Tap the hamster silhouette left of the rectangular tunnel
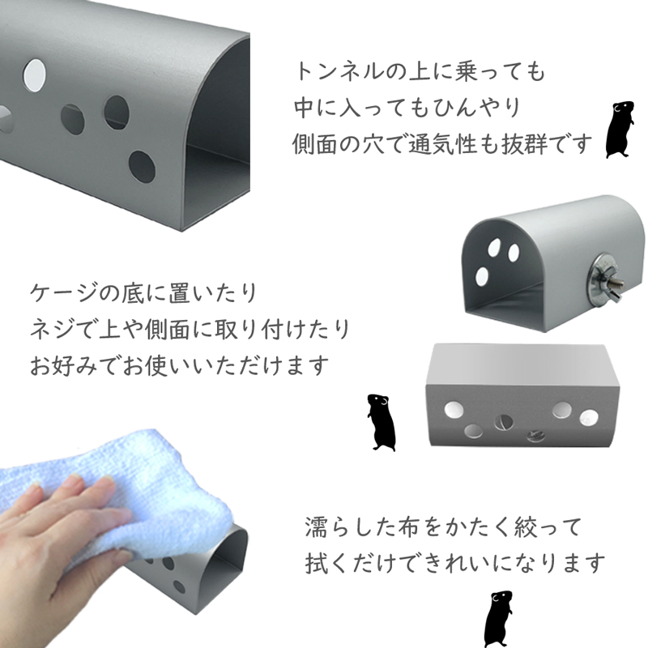pos(381,422)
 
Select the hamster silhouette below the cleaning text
pos(498,619)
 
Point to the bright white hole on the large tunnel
pos(34,76)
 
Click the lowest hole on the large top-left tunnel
pos(142,167)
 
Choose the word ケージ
pos(64,292)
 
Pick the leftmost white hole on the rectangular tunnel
pos(454,410)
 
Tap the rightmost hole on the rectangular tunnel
pos(589,417)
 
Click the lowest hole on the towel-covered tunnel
pos(179,586)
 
